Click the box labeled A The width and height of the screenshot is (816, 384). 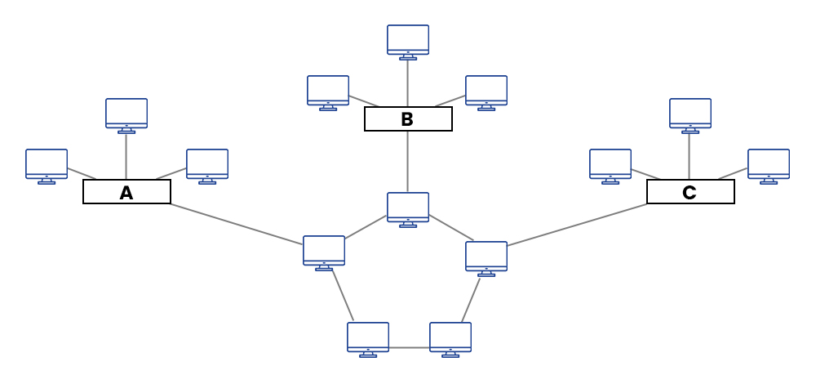tap(126, 192)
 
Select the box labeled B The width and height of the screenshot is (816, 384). tap(408, 119)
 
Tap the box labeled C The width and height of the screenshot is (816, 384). tap(690, 192)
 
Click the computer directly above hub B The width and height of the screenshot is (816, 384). tap(408, 40)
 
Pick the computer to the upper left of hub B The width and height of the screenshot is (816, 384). tap(328, 91)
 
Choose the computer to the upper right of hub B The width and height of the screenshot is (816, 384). tap(486, 91)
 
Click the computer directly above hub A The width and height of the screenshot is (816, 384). tap(126, 114)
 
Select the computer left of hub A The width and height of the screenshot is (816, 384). tap(47, 164)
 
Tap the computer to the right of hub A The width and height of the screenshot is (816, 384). tap(207, 164)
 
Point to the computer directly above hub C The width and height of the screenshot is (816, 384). tap(690, 114)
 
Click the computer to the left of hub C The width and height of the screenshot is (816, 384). tap(610, 164)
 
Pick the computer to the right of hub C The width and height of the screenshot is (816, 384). tap(769, 164)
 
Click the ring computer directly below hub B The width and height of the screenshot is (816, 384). tap(408, 208)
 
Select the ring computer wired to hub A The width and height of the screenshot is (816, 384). tap(324, 251)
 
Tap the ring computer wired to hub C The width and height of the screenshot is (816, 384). tap(486, 257)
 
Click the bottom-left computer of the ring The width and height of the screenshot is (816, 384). tap(368, 337)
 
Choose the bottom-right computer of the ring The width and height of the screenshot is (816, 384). tap(450, 337)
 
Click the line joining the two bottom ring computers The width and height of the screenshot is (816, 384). tap(409, 348)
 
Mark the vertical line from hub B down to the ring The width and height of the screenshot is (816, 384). tap(408, 162)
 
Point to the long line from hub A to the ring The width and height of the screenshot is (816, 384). tap(237, 224)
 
